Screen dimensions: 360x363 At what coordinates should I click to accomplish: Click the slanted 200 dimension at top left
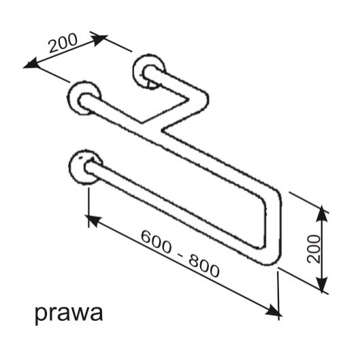point(63,43)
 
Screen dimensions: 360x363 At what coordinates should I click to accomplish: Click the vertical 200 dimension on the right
point(314,249)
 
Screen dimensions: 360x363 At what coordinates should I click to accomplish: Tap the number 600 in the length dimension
point(157,241)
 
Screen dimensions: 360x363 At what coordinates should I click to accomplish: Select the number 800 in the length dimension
point(203,266)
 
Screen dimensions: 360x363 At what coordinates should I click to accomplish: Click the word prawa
point(69,313)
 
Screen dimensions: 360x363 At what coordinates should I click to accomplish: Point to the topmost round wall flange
point(149,71)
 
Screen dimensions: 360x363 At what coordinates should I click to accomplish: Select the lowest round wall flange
point(85,167)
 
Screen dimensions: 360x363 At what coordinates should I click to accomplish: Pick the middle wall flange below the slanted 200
point(84,98)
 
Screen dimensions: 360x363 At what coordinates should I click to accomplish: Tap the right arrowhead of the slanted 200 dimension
point(101,39)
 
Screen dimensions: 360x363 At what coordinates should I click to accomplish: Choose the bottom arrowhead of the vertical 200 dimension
point(322,284)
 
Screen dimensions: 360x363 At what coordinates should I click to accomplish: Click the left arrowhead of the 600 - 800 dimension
point(93,220)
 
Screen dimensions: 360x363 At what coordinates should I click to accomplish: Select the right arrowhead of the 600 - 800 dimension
point(273,311)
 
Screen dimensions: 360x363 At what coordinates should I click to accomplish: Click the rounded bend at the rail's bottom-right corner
point(273,256)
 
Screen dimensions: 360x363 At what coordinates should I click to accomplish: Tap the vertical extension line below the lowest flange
point(88,207)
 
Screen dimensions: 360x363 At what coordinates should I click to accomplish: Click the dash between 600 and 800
point(180,254)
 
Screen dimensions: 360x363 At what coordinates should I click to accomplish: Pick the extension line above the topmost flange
point(112,41)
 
